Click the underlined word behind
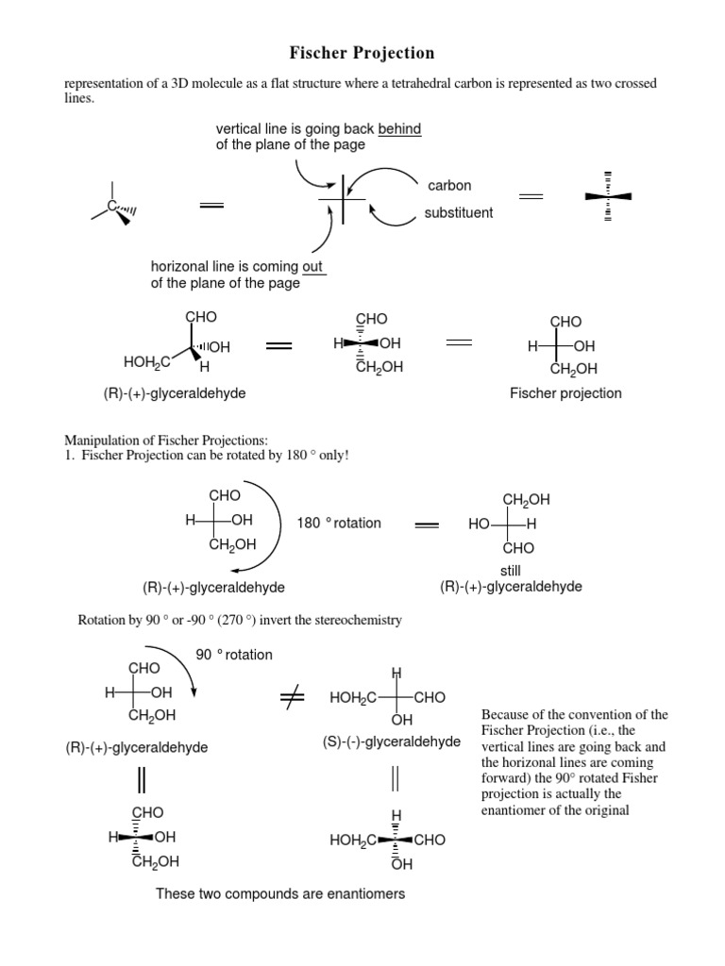(x=399, y=128)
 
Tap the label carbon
(x=449, y=186)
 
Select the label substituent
(x=459, y=212)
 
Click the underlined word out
(x=314, y=267)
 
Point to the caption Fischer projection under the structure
(x=565, y=392)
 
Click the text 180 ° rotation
(x=339, y=523)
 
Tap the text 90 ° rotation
(x=233, y=655)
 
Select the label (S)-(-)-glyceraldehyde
(x=390, y=741)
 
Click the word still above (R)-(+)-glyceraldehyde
(x=511, y=571)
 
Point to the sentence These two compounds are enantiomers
(x=280, y=893)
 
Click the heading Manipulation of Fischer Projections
(x=166, y=441)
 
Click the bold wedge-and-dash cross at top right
(x=608, y=196)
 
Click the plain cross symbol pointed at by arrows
(x=342, y=200)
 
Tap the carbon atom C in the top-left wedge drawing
(x=111, y=205)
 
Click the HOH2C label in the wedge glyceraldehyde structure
(x=146, y=361)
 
